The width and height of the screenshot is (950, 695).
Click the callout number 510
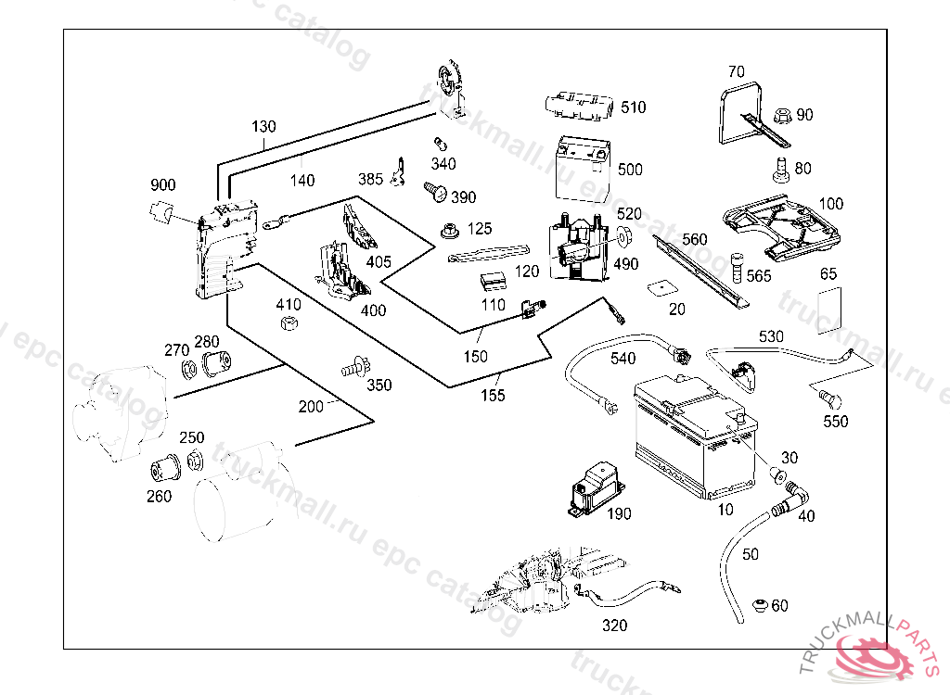click(633, 107)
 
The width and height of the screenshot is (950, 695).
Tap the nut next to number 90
click(780, 115)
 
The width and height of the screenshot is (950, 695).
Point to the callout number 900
click(162, 185)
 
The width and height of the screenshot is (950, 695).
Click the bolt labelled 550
click(828, 398)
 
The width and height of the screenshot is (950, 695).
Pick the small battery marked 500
click(581, 166)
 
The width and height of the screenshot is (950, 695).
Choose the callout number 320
click(614, 625)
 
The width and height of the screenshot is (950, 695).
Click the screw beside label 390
click(432, 191)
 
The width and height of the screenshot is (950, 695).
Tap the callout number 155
click(493, 396)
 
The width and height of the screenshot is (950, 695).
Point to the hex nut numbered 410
click(288, 322)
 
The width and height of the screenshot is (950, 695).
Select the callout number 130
click(263, 126)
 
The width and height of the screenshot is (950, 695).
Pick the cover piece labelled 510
click(580, 105)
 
